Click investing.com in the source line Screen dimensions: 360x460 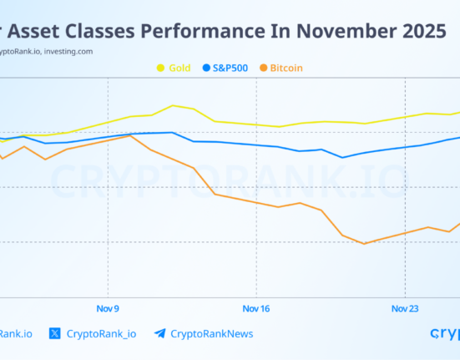tap(70, 50)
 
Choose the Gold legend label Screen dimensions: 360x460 tap(179, 67)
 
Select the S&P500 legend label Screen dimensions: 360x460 tap(232, 67)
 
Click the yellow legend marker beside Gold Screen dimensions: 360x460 tap(159, 67)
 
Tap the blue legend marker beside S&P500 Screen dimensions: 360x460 tap(206, 67)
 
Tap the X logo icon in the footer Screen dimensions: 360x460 tap(55, 333)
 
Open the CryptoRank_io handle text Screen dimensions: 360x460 tap(101, 333)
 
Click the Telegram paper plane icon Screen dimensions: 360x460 tap(159, 333)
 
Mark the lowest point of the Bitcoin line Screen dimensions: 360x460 tap(364, 244)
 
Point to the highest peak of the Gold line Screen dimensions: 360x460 tap(173, 105)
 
